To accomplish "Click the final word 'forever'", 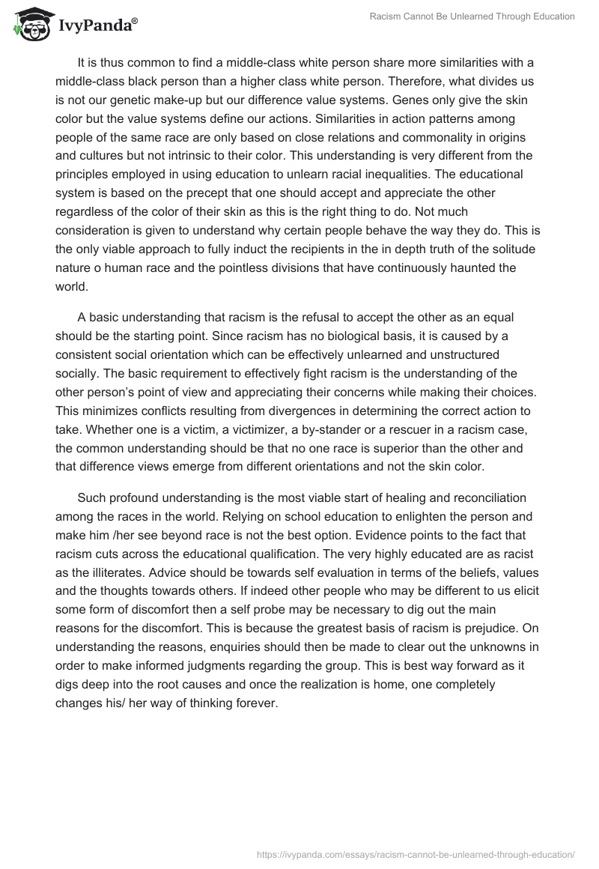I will (x=257, y=703).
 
